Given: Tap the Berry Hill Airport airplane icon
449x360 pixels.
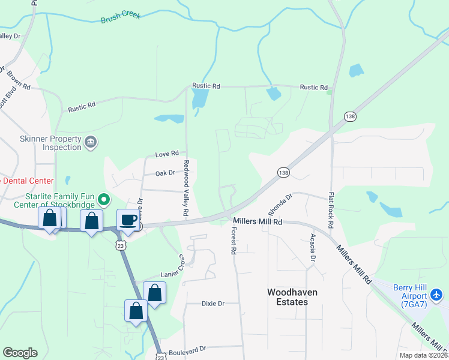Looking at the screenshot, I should point(436,295).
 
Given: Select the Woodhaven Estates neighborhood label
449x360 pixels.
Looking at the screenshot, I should point(292,297).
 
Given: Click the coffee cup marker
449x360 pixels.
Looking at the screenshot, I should point(128,219).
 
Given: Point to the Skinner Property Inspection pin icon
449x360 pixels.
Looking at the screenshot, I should point(90,142).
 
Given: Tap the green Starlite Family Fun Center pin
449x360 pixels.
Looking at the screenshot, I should point(104,199).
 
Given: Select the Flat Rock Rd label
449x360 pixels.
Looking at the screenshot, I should point(331,209).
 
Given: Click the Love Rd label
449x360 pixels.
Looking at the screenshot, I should point(167,154).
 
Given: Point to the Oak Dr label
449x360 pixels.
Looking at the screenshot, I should point(164,173).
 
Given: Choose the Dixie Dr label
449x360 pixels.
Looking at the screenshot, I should point(212,304).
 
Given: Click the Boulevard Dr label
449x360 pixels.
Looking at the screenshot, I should point(187,349).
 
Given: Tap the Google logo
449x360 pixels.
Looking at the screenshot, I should point(20,353).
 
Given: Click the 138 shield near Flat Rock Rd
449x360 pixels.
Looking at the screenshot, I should point(350,116).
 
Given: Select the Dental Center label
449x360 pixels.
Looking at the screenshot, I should point(29,181).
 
